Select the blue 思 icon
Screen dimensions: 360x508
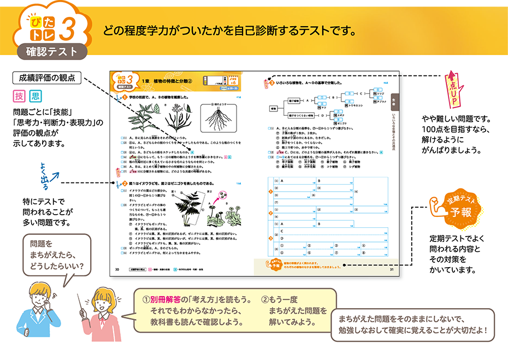(x=36, y=97)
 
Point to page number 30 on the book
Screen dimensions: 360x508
(x=117, y=269)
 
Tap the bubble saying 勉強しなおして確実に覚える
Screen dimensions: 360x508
(x=412, y=325)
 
